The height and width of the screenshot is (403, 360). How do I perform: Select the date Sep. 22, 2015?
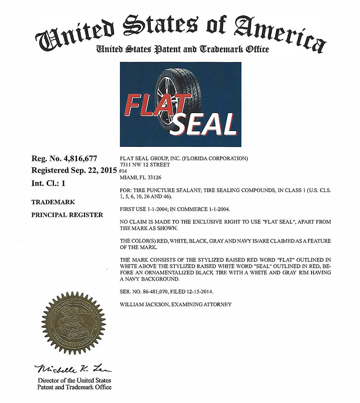click(x=93, y=170)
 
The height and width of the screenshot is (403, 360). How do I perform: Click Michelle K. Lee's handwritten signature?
click(x=73, y=368)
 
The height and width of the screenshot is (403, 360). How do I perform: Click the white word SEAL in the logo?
click(x=204, y=124)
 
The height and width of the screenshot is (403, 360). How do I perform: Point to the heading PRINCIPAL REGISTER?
click(x=67, y=215)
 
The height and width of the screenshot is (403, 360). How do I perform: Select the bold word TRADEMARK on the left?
click(x=53, y=202)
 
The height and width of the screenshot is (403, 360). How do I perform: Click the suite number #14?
click(x=123, y=172)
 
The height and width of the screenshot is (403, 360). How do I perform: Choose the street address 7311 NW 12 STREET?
click(x=144, y=165)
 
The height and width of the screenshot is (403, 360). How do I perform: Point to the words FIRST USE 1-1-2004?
click(x=148, y=210)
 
